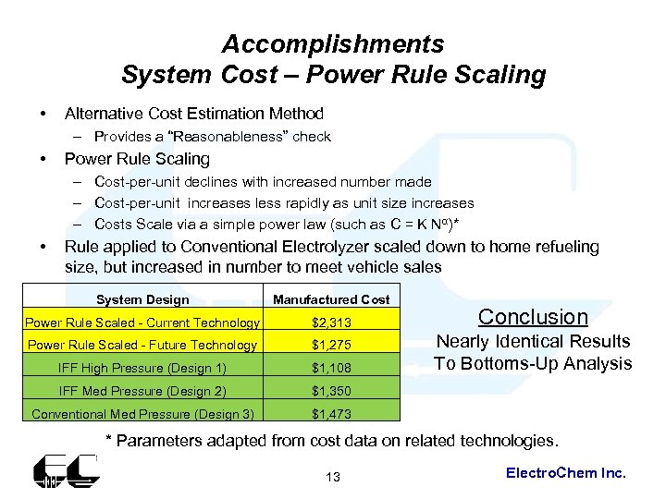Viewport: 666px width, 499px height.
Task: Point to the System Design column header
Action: click(x=142, y=299)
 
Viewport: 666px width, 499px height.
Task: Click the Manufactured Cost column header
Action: click(x=331, y=299)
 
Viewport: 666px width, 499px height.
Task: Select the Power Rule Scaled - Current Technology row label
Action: click(x=142, y=323)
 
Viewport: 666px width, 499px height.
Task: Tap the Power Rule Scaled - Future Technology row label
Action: click(x=142, y=345)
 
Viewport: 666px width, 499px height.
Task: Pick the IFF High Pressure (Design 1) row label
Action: click(x=142, y=367)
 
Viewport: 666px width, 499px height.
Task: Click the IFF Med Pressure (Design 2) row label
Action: click(x=142, y=390)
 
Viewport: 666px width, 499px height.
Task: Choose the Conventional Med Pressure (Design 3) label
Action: click(x=142, y=413)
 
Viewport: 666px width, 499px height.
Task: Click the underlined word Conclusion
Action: click(x=533, y=317)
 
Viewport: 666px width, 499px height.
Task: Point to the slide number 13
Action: click(x=333, y=477)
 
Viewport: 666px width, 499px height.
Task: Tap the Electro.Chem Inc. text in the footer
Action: click(x=566, y=473)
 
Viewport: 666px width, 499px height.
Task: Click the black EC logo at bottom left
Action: click(x=65, y=471)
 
